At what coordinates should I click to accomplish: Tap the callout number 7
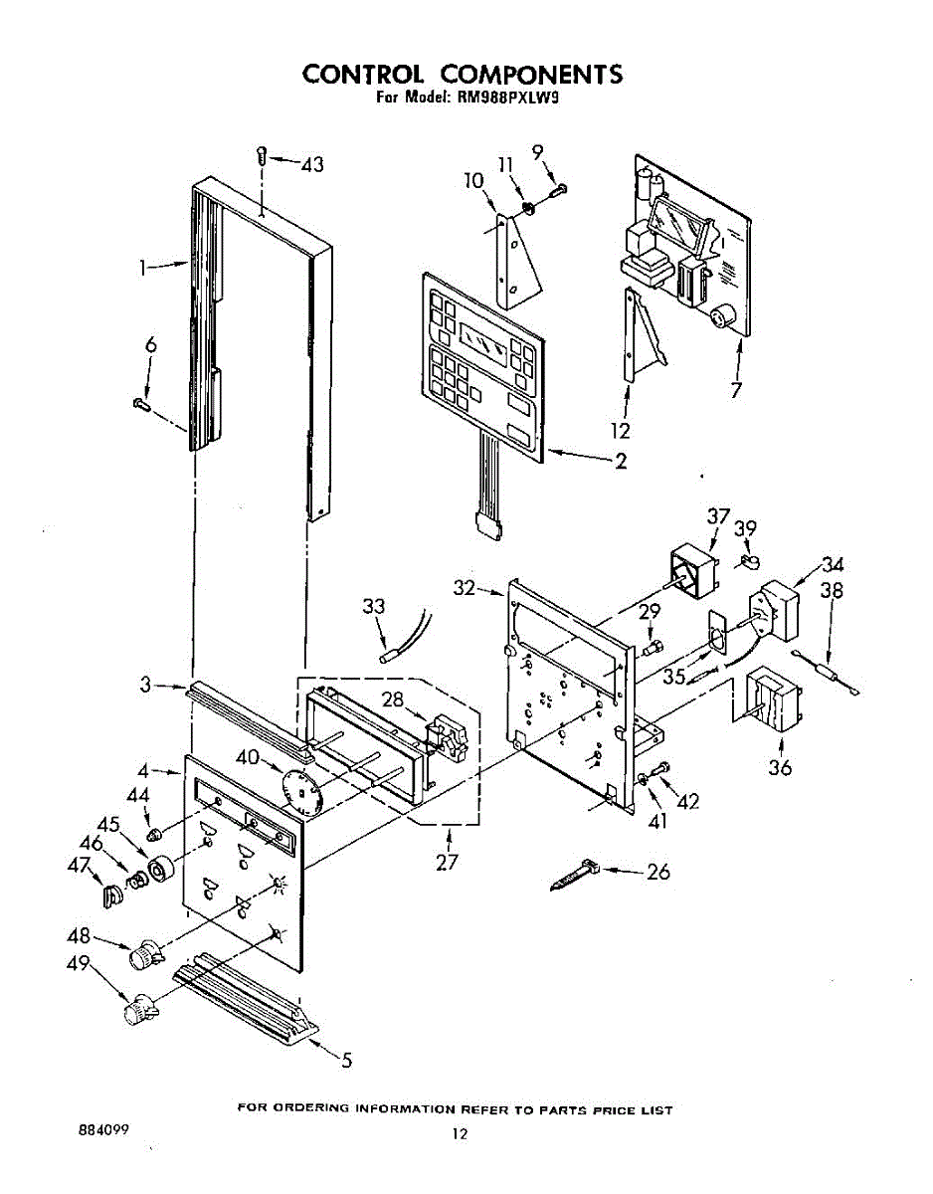[736, 390]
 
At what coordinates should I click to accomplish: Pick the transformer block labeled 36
[771, 702]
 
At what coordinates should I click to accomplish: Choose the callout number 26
[658, 873]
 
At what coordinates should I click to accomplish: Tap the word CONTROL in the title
[363, 75]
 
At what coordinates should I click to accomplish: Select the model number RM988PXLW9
[501, 99]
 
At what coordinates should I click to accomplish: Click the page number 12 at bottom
[459, 1133]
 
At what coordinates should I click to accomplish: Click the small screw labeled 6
[139, 403]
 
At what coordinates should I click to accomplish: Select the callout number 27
[448, 863]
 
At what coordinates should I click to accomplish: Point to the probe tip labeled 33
[388, 657]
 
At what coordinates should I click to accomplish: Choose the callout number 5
[345, 1061]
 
